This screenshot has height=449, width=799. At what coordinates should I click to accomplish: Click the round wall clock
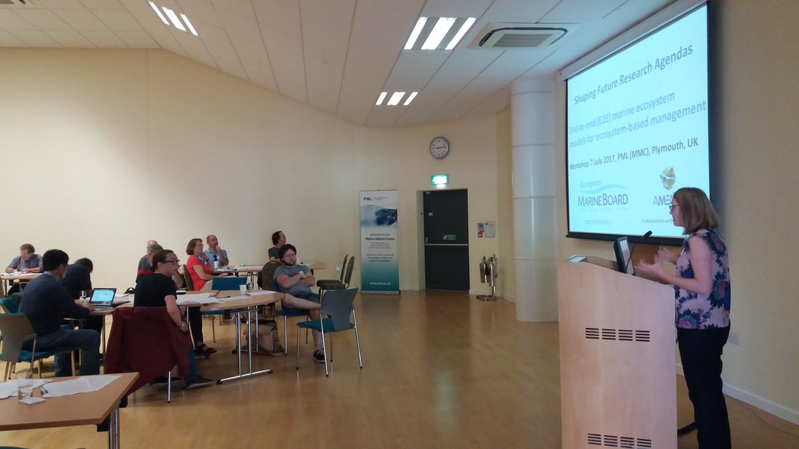[439, 147]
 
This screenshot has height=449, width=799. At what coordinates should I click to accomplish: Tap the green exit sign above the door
[439, 180]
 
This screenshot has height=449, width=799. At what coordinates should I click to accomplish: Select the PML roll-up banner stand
[379, 241]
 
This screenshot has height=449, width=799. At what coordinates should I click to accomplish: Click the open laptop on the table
[103, 297]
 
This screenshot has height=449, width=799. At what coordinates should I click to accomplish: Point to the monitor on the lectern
[623, 254]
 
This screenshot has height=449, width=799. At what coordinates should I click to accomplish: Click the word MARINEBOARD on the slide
[603, 198]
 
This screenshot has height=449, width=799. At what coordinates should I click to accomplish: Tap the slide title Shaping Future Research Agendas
[624, 72]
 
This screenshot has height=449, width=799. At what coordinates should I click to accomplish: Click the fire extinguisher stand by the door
[487, 275]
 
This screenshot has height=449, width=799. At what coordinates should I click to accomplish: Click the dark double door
[445, 239]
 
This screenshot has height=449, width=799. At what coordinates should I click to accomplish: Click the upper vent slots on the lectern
[617, 335]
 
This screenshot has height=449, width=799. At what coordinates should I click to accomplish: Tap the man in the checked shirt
[26, 259]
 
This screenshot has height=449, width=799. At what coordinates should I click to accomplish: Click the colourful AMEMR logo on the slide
[666, 178]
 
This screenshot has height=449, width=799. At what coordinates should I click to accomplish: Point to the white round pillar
[533, 200]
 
